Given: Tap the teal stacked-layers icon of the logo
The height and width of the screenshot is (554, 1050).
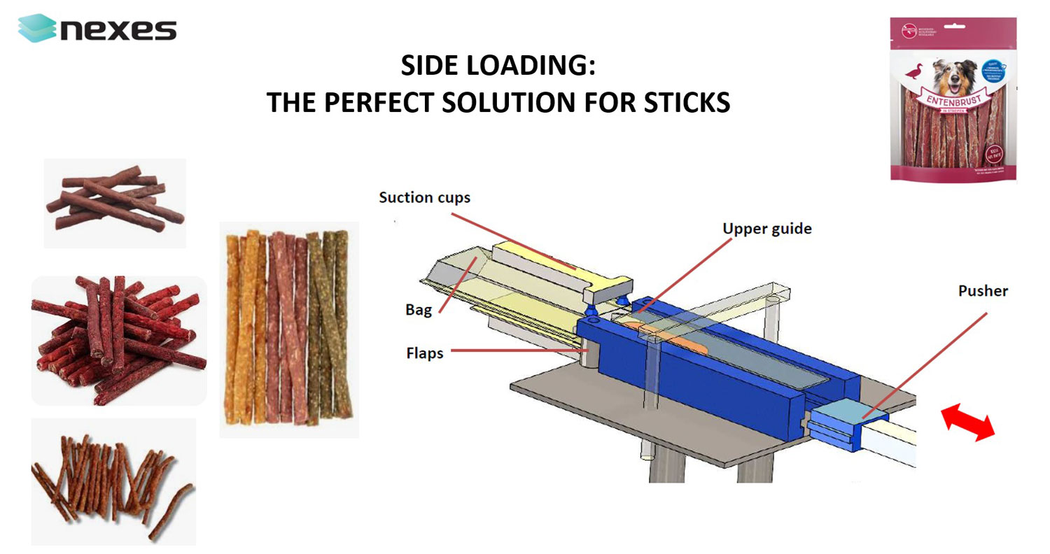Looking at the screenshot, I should pyautogui.click(x=36, y=29).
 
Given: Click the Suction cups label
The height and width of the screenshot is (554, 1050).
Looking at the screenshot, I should pyautogui.click(x=424, y=198).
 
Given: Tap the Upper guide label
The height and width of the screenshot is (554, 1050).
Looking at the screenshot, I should pyautogui.click(x=767, y=229).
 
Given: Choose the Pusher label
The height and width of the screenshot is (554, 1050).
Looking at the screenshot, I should pyautogui.click(x=983, y=291).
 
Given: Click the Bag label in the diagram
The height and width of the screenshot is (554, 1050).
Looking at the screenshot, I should pyautogui.click(x=419, y=310).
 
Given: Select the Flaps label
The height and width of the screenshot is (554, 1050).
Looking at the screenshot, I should pyautogui.click(x=425, y=353).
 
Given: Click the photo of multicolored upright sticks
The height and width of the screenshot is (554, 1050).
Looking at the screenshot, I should pyautogui.click(x=288, y=329).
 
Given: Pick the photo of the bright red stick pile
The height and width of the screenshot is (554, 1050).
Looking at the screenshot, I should pyautogui.click(x=118, y=340).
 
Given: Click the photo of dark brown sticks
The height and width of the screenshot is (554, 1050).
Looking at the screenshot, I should pyautogui.click(x=115, y=202).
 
